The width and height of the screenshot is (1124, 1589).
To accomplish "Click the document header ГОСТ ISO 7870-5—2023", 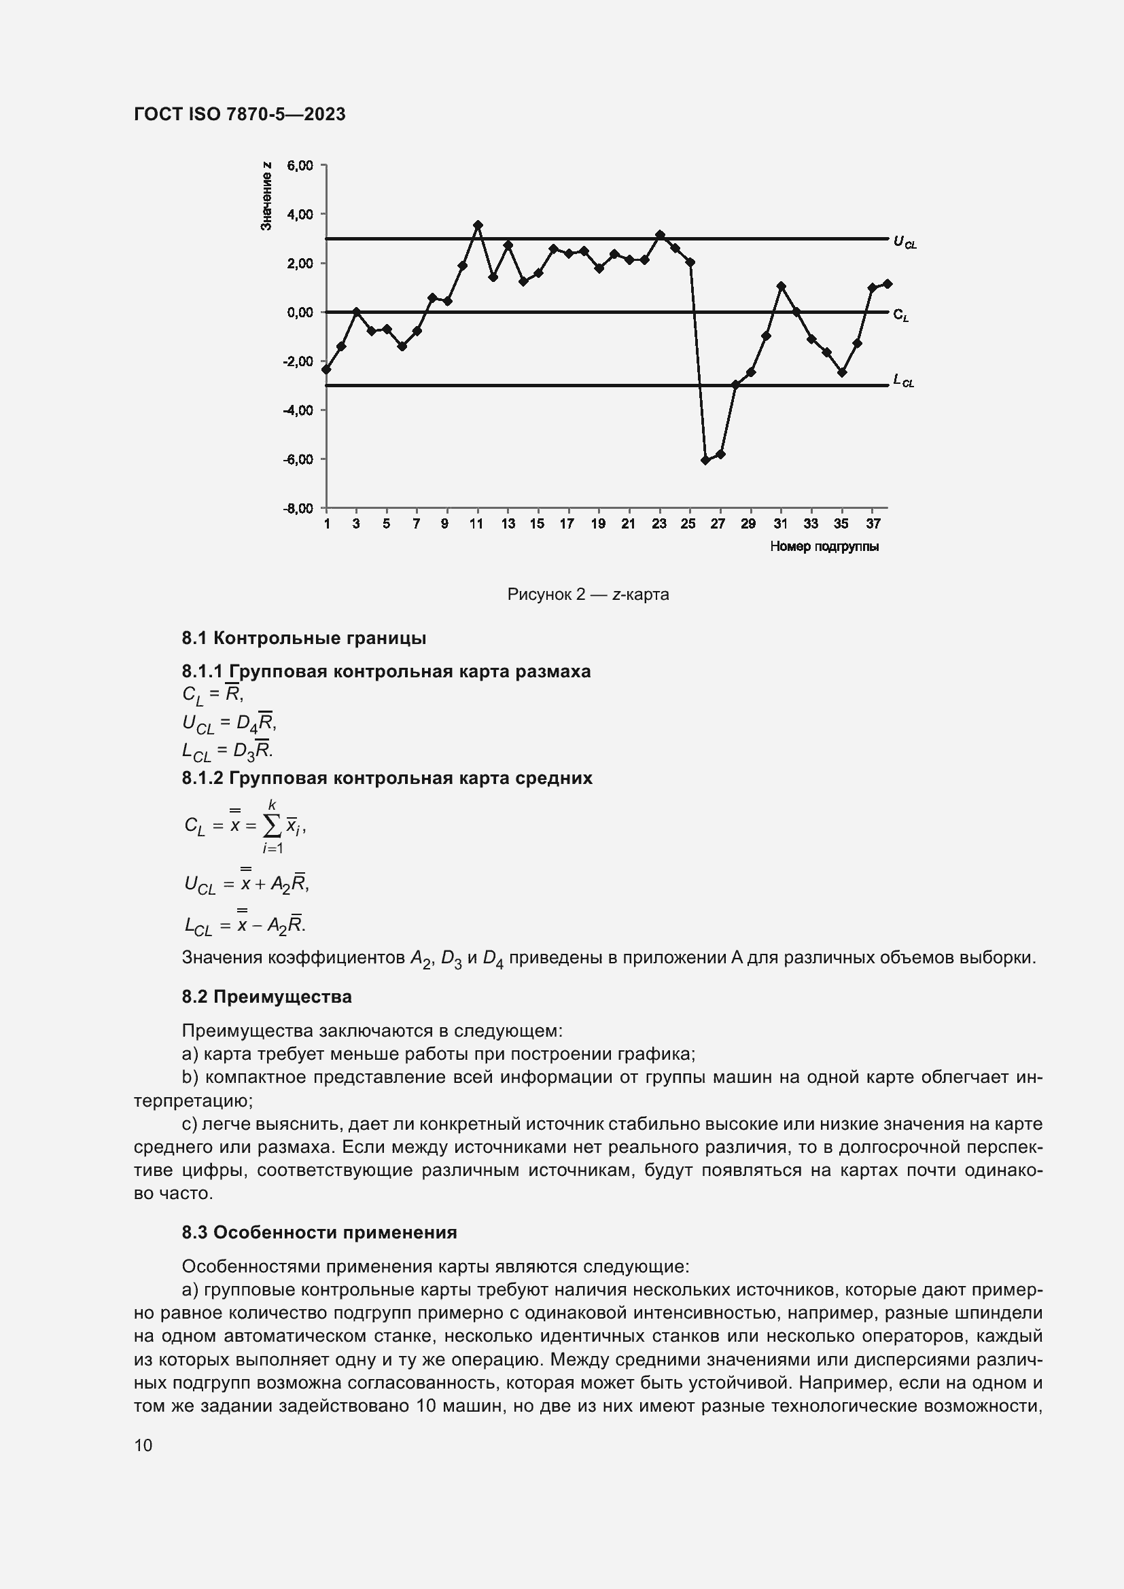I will (239, 114).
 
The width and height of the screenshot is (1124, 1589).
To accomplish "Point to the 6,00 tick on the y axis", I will (300, 165).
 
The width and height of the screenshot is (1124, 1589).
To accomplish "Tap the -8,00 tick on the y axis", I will (298, 509).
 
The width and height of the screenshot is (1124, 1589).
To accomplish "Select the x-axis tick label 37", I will (873, 524).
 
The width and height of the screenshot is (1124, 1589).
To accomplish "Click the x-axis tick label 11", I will (476, 524).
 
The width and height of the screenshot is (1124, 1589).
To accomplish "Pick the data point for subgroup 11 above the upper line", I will (478, 225).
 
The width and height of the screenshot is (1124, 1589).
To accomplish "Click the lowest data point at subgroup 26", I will (705, 460).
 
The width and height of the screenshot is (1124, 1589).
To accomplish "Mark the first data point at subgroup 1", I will (326, 370).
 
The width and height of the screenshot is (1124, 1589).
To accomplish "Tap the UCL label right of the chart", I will (905, 242).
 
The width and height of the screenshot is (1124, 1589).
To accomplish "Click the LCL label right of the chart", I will (903, 380).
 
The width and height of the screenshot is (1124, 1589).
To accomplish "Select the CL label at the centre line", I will (900, 315).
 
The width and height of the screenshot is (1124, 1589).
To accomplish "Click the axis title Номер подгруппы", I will (824, 547).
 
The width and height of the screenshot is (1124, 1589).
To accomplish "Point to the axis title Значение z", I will (266, 196).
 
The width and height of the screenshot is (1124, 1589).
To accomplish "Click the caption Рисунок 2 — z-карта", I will (588, 594).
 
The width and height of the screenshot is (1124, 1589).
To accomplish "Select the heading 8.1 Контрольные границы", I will (304, 638).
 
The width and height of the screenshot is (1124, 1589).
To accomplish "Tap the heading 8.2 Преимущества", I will (266, 997).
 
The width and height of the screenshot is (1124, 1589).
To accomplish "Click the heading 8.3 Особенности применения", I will (319, 1232).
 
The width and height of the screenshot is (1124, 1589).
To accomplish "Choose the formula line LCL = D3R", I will (227, 751).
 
